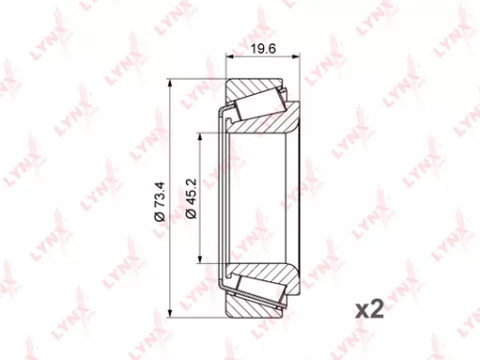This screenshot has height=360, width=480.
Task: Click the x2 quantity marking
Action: [x=370, y=309]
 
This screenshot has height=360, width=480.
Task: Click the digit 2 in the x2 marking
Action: [x=377, y=309]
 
